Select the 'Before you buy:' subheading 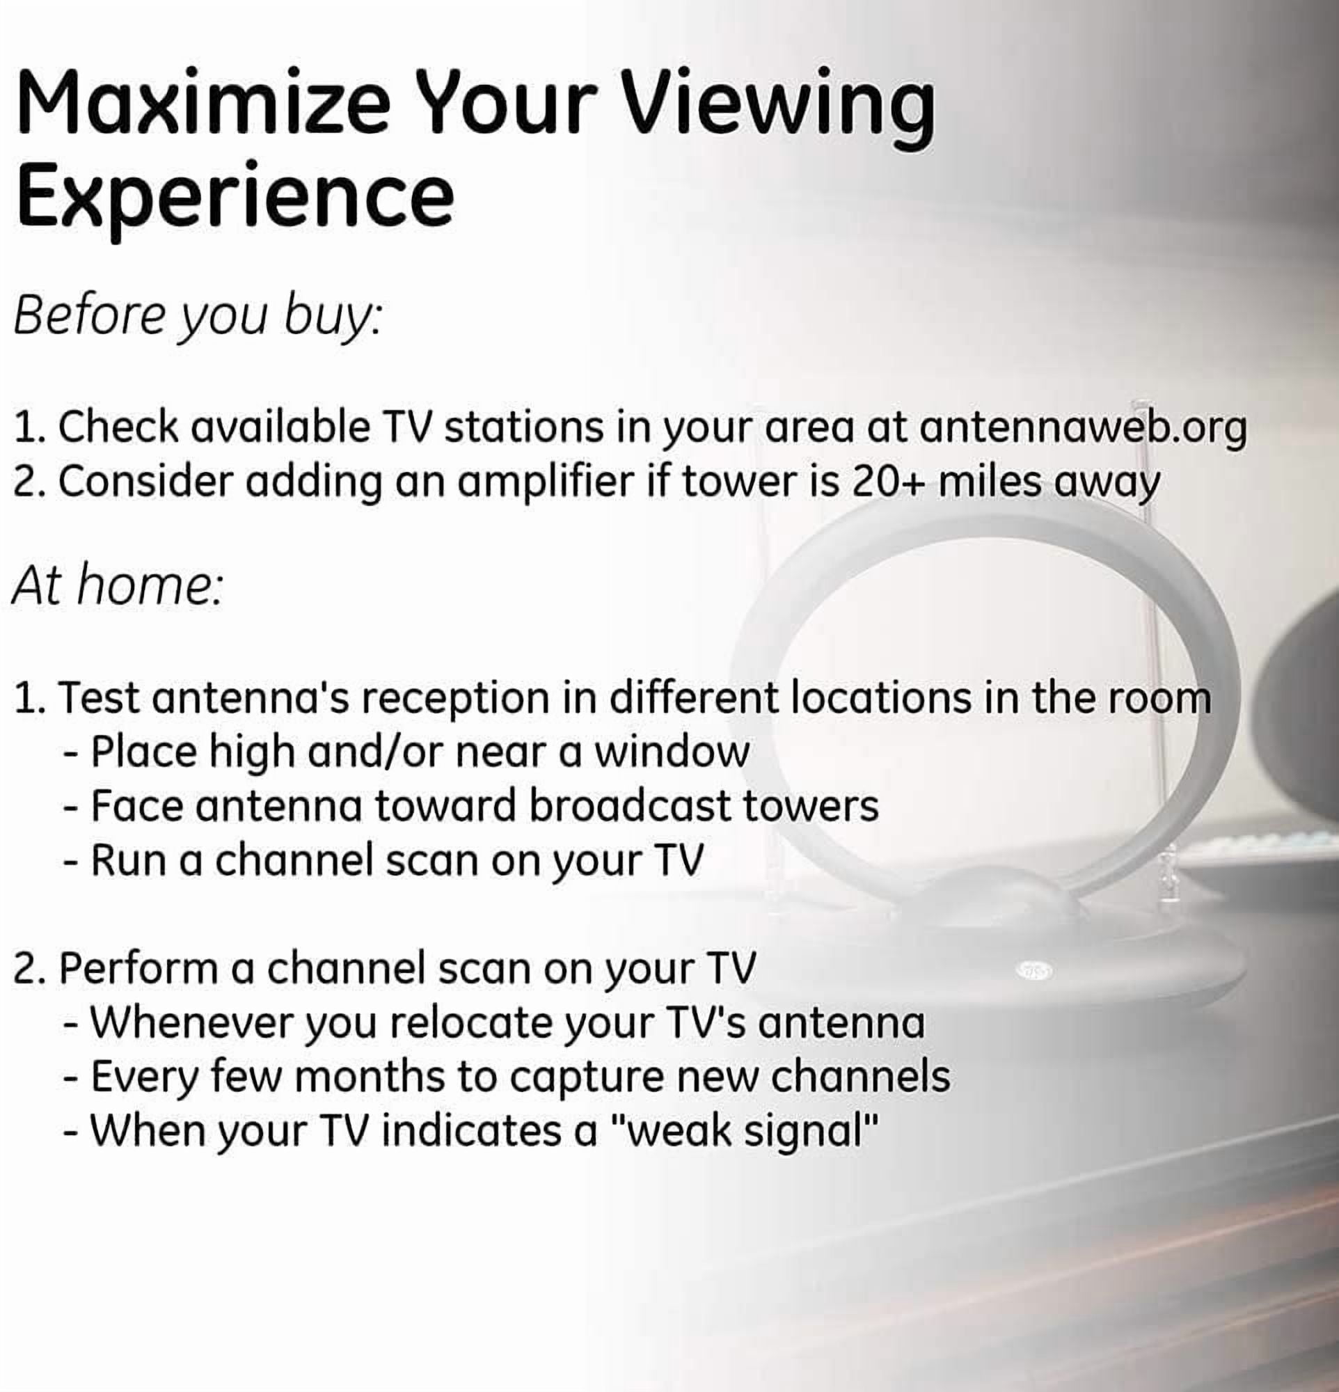click(x=198, y=317)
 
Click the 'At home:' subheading click(x=118, y=587)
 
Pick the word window click(x=671, y=753)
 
